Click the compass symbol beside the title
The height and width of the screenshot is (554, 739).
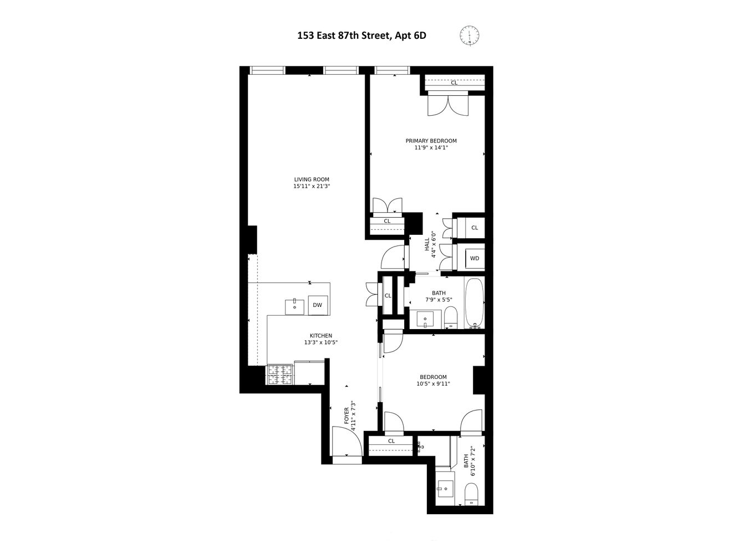tap(470, 35)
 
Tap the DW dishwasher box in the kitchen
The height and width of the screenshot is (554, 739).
tap(317, 305)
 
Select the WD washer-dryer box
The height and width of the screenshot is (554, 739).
tap(475, 258)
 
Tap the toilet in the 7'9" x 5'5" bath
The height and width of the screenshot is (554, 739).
tap(450, 319)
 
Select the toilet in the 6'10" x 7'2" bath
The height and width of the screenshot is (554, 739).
tap(471, 494)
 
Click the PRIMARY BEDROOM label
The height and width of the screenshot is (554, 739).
tap(431, 141)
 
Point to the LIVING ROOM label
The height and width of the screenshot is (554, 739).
tap(312, 179)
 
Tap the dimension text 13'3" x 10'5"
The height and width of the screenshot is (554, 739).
tap(320, 342)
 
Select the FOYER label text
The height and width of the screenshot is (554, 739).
tap(347, 416)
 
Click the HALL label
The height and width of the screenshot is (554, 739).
tap(427, 245)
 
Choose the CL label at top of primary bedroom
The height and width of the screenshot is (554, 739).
tap(454, 83)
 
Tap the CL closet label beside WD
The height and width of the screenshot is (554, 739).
tap(475, 228)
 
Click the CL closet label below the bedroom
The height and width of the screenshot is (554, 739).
tap(391, 441)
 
